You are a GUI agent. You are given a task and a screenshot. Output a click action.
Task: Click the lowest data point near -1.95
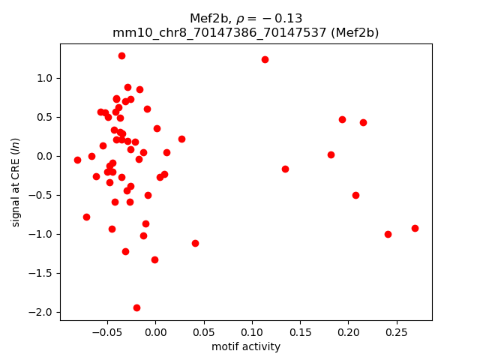click(x=136, y=307)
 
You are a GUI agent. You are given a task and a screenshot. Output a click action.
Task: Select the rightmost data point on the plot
click(x=415, y=228)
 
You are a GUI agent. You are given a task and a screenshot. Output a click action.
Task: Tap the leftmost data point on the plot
click(x=77, y=160)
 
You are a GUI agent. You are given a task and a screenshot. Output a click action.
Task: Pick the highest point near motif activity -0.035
click(x=121, y=55)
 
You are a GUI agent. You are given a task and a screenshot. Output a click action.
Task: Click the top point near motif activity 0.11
click(x=265, y=59)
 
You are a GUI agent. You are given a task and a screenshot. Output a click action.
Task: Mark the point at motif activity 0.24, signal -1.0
click(x=388, y=234)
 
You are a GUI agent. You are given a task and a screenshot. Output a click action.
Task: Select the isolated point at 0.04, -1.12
click(x=195, y=243)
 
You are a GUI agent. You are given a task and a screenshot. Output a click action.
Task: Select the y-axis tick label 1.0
click(x=46, y=78)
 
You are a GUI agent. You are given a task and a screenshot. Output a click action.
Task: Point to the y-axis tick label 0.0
click(x=46, y=156)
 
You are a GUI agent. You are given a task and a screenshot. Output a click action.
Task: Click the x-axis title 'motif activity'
click(x=246, y=346)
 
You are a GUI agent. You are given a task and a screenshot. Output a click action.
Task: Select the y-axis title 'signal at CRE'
click(x=16, y=182)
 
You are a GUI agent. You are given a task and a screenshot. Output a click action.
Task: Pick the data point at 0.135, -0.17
click(x=285, y=169)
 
